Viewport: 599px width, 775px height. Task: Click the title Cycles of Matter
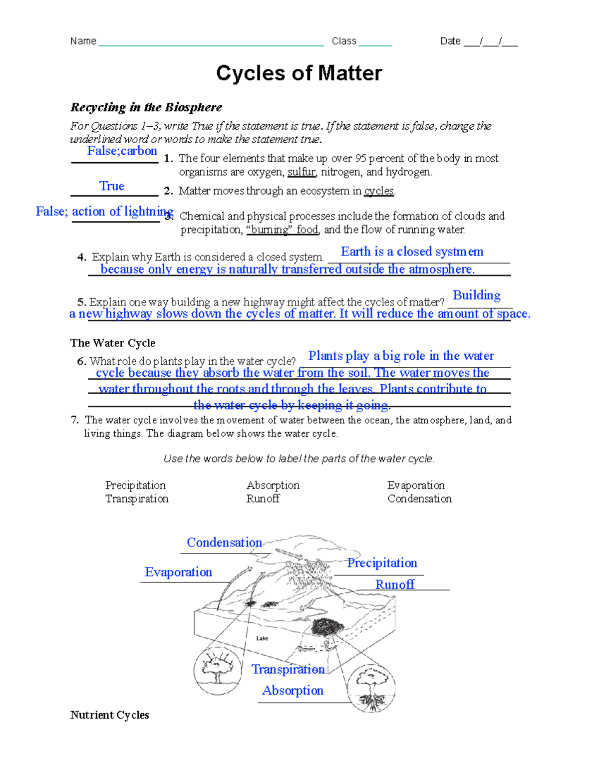299,73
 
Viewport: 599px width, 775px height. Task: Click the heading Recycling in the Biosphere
146,107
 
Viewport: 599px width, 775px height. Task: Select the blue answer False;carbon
122,151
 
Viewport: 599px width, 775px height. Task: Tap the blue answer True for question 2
111,186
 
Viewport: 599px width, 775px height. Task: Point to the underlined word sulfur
301,172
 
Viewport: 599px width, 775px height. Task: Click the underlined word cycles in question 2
379,191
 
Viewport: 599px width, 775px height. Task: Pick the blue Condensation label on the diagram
224,542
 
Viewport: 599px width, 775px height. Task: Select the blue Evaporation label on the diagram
178,572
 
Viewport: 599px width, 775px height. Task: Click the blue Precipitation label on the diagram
382,563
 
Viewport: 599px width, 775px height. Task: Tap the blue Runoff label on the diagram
394,584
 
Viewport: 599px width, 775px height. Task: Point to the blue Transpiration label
288,669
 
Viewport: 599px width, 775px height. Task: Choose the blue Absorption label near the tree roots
293,690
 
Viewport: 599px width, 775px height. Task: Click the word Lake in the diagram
262,638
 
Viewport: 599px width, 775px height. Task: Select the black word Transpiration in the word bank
137,499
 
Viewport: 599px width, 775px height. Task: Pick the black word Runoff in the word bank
263,499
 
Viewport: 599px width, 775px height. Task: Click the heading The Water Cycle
113,343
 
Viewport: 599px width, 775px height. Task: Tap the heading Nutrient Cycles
109,715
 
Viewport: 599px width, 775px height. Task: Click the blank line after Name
211,43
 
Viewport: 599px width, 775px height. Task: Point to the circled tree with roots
371,688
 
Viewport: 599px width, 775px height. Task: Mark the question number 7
75,420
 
